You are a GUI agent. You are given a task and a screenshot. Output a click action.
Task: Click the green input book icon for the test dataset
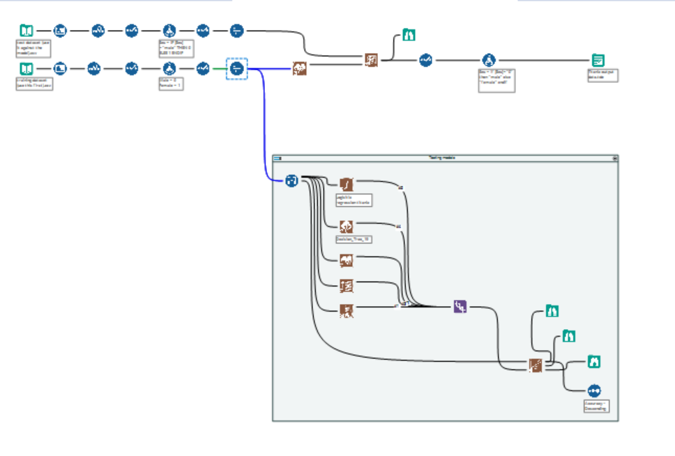(x=26, y=31)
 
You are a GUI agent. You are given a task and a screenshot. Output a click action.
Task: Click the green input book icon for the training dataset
(x=26, y=68)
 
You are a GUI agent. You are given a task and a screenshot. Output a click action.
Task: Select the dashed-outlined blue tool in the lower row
(x=236, y=68)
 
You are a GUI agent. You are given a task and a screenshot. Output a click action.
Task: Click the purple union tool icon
(x=460, y=306)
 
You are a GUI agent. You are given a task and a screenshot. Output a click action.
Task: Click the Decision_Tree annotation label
(x=354, y=238)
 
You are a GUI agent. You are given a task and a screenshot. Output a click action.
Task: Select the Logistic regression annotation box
(x=353, y=200)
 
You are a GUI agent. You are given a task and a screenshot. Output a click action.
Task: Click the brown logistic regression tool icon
(x=347, y=183)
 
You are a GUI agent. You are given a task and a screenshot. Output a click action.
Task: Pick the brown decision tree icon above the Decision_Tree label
(x=347, y=225)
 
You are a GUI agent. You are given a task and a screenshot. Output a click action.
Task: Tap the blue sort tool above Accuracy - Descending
(x=593, y=390)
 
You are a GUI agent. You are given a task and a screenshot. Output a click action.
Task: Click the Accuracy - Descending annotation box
(x=596, y=406)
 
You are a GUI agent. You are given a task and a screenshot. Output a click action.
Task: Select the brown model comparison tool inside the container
(x=535, y=365)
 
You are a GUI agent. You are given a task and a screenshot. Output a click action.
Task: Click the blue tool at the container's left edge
(x=291, y=181)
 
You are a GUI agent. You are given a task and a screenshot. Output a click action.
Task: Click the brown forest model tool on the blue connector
(x=301, y=68)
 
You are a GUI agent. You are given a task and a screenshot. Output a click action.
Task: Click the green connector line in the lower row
(x=219, y=68)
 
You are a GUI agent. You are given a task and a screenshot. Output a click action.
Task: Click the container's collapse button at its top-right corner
(x=614, y=158)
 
